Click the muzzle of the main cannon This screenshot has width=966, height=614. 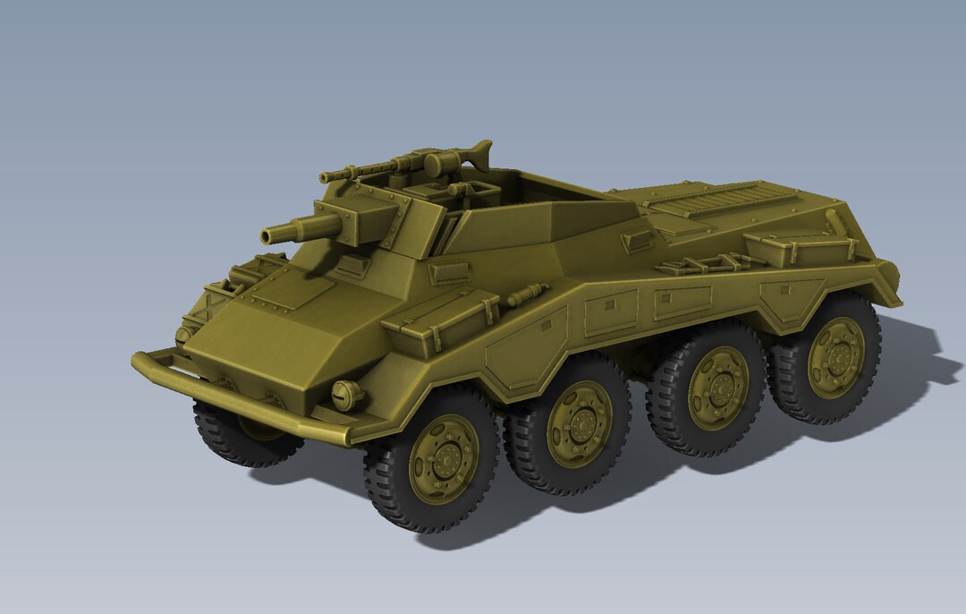(267, 236)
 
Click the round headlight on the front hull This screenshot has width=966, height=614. (345, 394)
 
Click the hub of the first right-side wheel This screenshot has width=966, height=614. (443, 459)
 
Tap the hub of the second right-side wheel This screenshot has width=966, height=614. (580, 423)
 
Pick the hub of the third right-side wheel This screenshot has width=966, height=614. (717, 388)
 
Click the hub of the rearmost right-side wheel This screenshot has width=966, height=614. (836, 357)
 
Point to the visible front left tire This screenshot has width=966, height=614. (241, 439)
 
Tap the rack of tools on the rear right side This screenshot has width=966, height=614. (707, 264)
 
